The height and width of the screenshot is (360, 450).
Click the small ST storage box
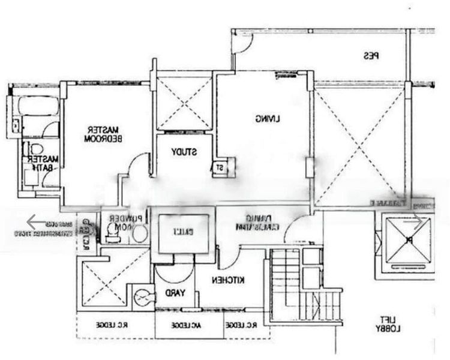click(220, 167)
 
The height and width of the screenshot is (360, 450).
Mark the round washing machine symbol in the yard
click(142, 295)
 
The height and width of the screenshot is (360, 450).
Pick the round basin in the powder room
click(139, 234)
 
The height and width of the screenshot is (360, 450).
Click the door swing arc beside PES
click(244, 45)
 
